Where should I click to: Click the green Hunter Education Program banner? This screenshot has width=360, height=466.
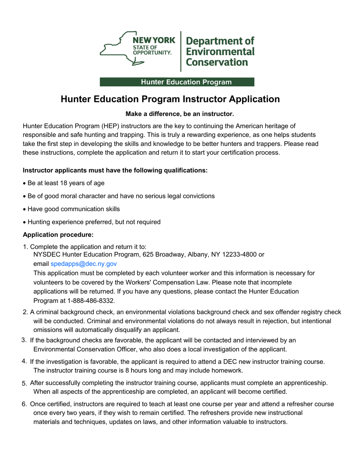point(177,82)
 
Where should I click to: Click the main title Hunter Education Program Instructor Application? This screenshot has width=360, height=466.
point(171,99)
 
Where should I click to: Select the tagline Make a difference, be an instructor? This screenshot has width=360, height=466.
point(180,114)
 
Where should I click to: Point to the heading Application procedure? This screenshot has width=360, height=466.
point(55,235)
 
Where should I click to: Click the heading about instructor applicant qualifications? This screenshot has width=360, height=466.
point(115,170)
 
